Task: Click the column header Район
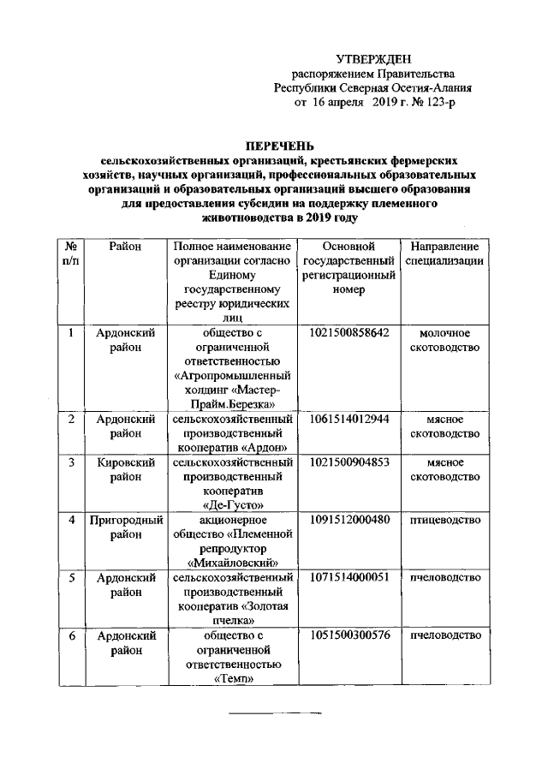(x=125, y=247)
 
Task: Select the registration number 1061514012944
(x=348, y=419)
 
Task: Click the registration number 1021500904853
(x=348, y=462)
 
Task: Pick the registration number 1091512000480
(x=348, y=520)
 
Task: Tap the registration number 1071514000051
(x=348, y=577)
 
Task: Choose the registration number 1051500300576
(x=348, y=635)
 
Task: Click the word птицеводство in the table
(x=444, y=520)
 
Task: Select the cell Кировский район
(x=125, y=469)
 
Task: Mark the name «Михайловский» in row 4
(x=234, y=563)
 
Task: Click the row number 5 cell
(x=72, y=577)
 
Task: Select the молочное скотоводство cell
(x=444, y=340)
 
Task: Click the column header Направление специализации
(x=444, y=253)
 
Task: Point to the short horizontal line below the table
(x=274, y=712)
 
